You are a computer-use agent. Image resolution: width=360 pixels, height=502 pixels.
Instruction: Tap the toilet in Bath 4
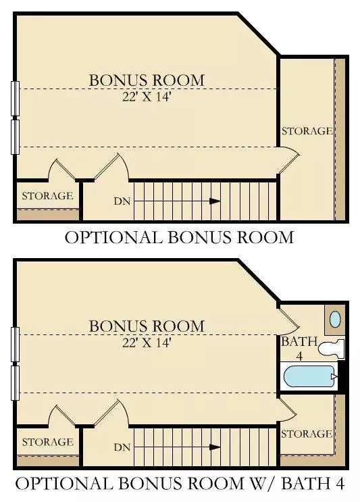click(x=332, y=349)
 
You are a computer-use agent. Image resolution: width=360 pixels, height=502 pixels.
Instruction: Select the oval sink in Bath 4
click(x=335, y=319)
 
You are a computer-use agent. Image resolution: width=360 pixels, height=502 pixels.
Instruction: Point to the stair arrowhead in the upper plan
click(x=215, y=201)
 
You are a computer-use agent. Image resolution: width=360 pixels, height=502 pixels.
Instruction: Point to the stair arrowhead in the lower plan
click(x=215, y=447)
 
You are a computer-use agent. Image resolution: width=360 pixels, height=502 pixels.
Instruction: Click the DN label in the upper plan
click(x=122, y=201)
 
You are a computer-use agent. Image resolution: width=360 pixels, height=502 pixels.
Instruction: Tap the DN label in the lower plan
click(x=122, y=447)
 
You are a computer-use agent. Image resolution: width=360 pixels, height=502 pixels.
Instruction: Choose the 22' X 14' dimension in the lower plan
click(x=146, y=342)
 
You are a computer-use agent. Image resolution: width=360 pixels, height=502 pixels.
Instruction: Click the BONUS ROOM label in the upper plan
click(x=146, y=80)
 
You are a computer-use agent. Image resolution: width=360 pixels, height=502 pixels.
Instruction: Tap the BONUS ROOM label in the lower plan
click(x=146, y=326)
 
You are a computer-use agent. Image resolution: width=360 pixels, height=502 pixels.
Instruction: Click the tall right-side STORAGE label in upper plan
click(x=307, y=130)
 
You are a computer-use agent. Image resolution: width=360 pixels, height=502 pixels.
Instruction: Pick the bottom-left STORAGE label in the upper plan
click(x=47, y=196)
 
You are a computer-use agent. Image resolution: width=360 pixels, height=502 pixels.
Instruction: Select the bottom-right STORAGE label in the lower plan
click(x=307, y=433)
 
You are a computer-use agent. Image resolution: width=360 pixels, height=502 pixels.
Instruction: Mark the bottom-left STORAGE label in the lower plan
click(x=47, y=442)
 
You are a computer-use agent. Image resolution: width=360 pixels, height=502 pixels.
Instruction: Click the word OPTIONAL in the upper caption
click(x=111, y=237)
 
